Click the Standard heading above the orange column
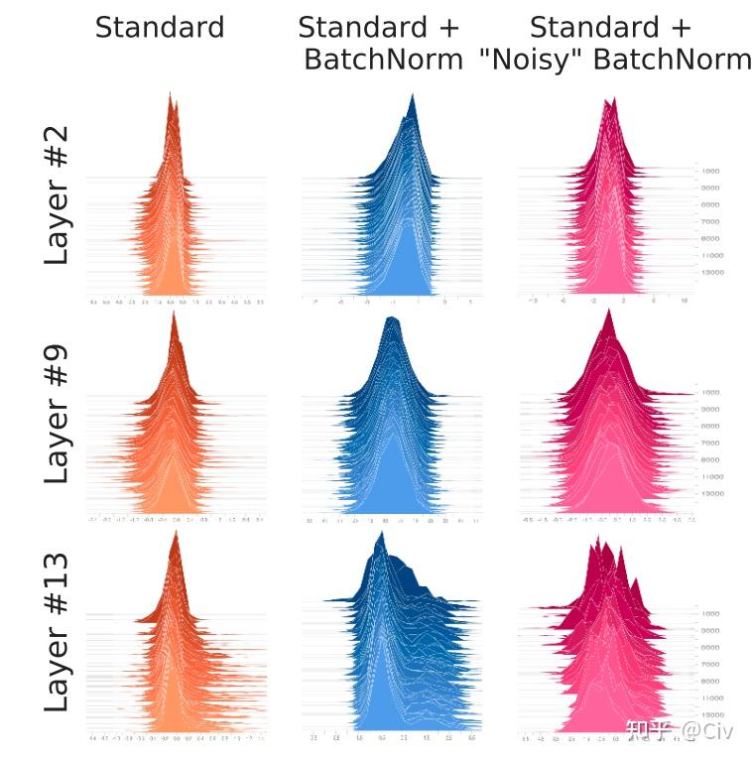(160, 27)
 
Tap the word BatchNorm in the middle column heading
(383, 60)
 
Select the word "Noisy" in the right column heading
(530, 60)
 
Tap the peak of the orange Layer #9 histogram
(175, 315)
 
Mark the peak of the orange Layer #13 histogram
(176, 534)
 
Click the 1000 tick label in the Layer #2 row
(710, 172)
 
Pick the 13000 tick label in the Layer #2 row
(711, 271)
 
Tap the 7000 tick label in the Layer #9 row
(710, 443)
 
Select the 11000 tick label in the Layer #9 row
(711, 476)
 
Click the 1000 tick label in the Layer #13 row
(710, 614)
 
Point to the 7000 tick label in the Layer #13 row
(710, 664)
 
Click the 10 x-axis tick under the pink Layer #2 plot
(685, 299)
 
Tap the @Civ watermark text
(704, 731)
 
